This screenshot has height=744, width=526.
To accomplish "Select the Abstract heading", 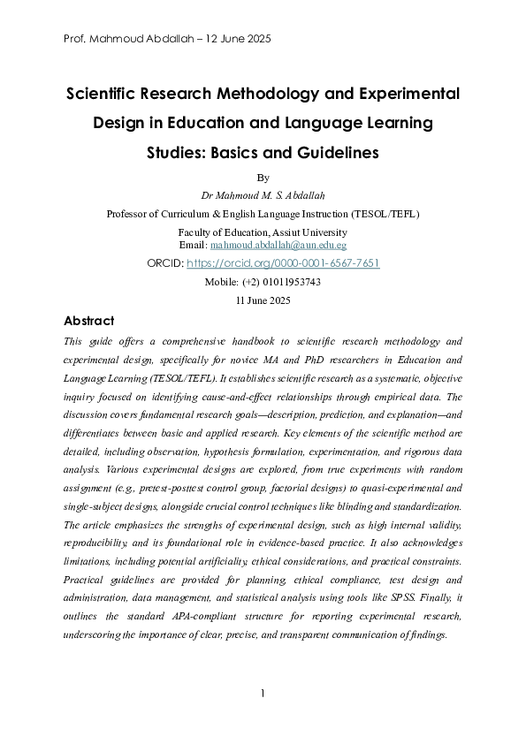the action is coord(88,321).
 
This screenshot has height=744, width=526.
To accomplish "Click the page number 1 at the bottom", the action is coord(263,693).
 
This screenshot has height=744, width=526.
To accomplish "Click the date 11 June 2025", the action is coord(263,300).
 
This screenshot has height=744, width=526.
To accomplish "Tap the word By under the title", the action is coord(262,177).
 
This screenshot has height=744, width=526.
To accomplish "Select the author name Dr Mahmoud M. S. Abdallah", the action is coord(263,194).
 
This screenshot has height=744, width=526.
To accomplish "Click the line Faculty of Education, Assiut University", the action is coord(263,232).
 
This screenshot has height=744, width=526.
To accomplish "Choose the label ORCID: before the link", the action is coord(166,263).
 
